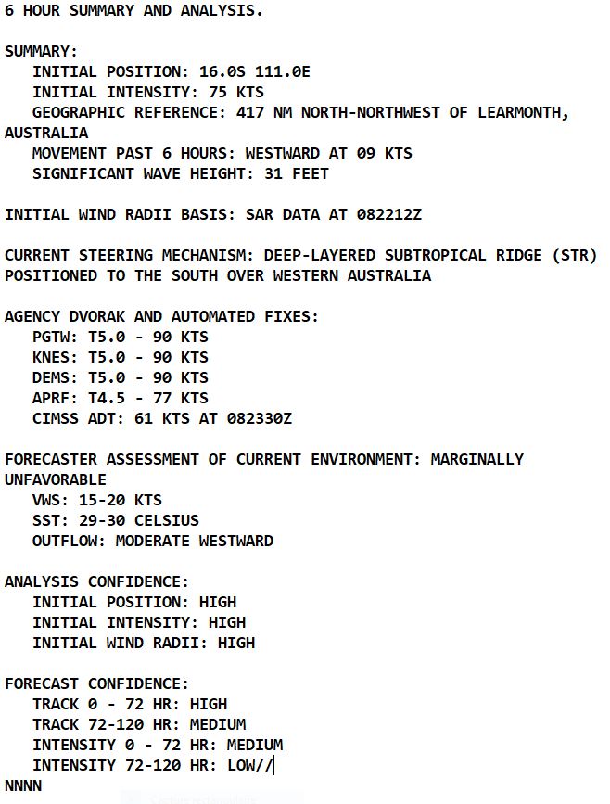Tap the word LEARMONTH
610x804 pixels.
click(519, 112)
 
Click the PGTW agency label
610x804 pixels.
click(51, 337)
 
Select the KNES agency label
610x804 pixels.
click(51, 357)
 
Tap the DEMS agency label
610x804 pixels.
click(51, 377)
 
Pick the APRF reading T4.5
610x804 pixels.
click(107, 398)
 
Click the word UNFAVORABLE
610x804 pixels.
click(56, 479)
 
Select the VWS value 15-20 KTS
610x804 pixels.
click(121, 500)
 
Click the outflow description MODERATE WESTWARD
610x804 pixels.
click(195, 541)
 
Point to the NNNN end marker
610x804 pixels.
click(23, 785)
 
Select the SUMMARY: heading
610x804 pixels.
click(42, 51)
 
